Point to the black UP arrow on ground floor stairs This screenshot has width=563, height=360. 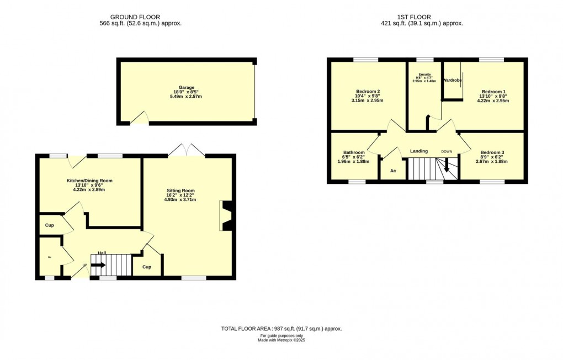(98, 266)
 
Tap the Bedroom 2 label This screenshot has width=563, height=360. (368, 91)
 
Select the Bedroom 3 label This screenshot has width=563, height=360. (492, 152)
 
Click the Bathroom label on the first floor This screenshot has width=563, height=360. (354, 152)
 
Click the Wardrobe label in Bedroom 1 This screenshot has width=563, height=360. (452, 81)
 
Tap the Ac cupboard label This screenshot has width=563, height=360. (393, 171)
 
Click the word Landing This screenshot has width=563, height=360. (419, 151)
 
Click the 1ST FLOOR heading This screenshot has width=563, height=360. (422, 17)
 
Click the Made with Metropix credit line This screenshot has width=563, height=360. (281, 340)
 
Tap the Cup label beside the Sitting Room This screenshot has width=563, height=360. (147, 267)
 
